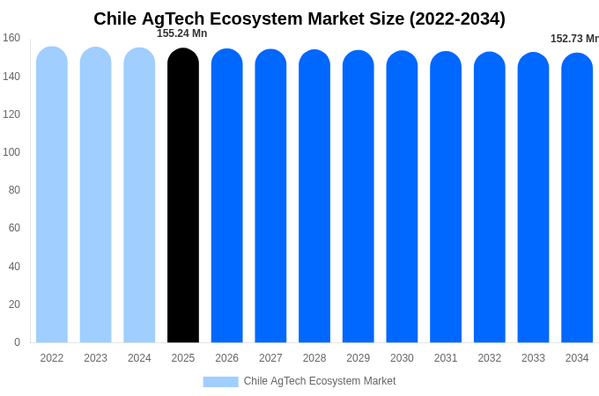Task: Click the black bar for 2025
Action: tap(183, 195)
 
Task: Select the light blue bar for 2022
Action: tap(52, 195)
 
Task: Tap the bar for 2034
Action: tap(577, 198)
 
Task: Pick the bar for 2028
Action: tap(314, 196)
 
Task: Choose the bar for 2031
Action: tap(446, 197)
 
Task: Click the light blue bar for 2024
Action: tap(139, 195)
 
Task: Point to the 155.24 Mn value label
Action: tap(182, 33)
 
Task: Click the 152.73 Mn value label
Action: tap(574, 39)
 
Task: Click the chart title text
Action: tap(299, 18)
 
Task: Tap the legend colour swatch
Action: tap(220, 381)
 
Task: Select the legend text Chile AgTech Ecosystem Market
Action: tap(320, 381)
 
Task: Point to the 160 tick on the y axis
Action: tap(11, 38)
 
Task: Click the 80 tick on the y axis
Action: tap(14, 190)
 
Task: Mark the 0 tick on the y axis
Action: tap(17, 342)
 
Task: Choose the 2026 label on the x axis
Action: tap(227, 358)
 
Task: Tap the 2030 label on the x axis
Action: tap(402, 358)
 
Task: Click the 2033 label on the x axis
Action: tap(533, 358)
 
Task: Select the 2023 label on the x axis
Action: tap(96, 358)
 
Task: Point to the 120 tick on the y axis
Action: tap(11, 114)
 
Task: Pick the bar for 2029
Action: tap(359, 196)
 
